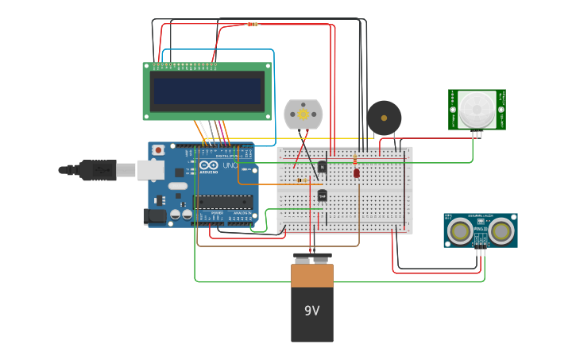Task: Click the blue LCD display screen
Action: click(x=207, y=91)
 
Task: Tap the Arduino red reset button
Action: click(x=158, y=149)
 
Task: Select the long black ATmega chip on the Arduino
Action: click(x=223, y=202)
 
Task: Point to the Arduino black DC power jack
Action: click(x=154, y=215)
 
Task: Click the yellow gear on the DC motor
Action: click(x=303, y=114)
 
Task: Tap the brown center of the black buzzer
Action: click(x=384, y=118)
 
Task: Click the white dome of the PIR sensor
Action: click(x=477, y=108)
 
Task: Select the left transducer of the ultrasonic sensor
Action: click(x=459, y=231)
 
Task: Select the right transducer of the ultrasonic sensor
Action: click(x=501, y=231)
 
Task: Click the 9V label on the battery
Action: click(x=311, y=311)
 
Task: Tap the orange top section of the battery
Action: click(x=311, y=276)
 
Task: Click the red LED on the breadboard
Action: click(x=357, y=172)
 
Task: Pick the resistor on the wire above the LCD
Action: click(x=252, y=24)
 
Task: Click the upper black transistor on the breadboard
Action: click(x=322, y=167)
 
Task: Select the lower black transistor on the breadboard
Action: click(x=322, y=195)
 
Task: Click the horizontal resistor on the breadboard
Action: click(x=302, y=180)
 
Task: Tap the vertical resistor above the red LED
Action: click(x=354, y=160)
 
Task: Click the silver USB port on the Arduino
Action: click(x=150, y=170)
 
